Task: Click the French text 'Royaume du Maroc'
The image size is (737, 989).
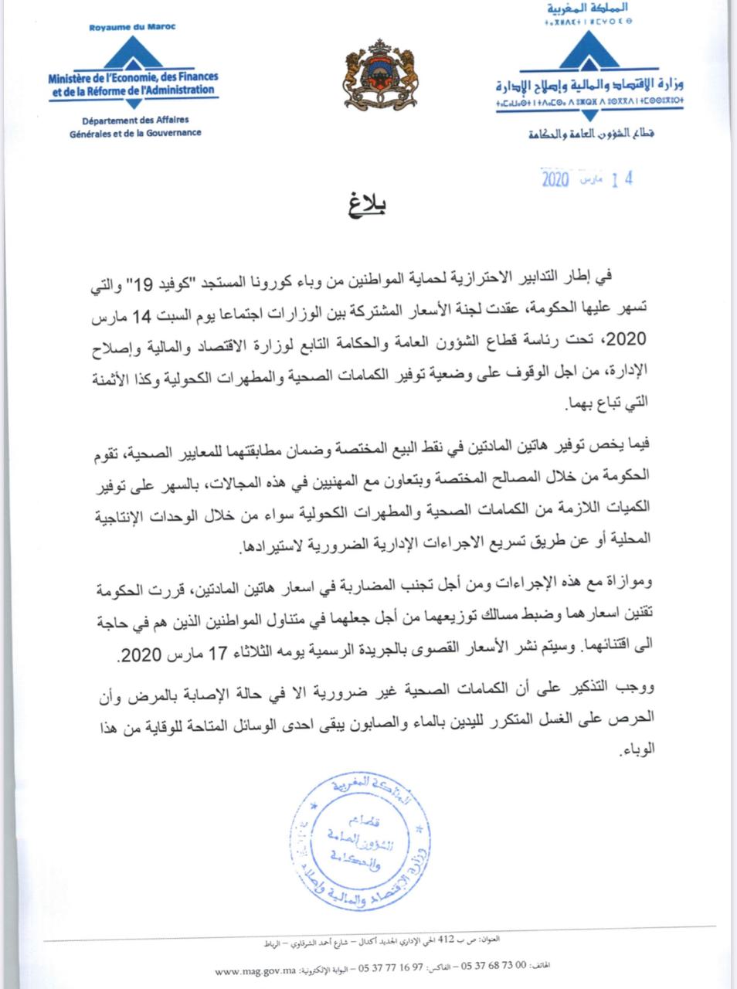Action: (x=133, y=27)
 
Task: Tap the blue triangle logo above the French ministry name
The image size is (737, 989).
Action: (x=134, y=53)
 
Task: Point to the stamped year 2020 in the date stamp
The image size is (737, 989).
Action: (x=555, y=180)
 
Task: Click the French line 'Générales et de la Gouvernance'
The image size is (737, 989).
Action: (x=134, y=132)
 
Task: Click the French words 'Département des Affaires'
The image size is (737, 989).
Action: (x=135, y=120)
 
